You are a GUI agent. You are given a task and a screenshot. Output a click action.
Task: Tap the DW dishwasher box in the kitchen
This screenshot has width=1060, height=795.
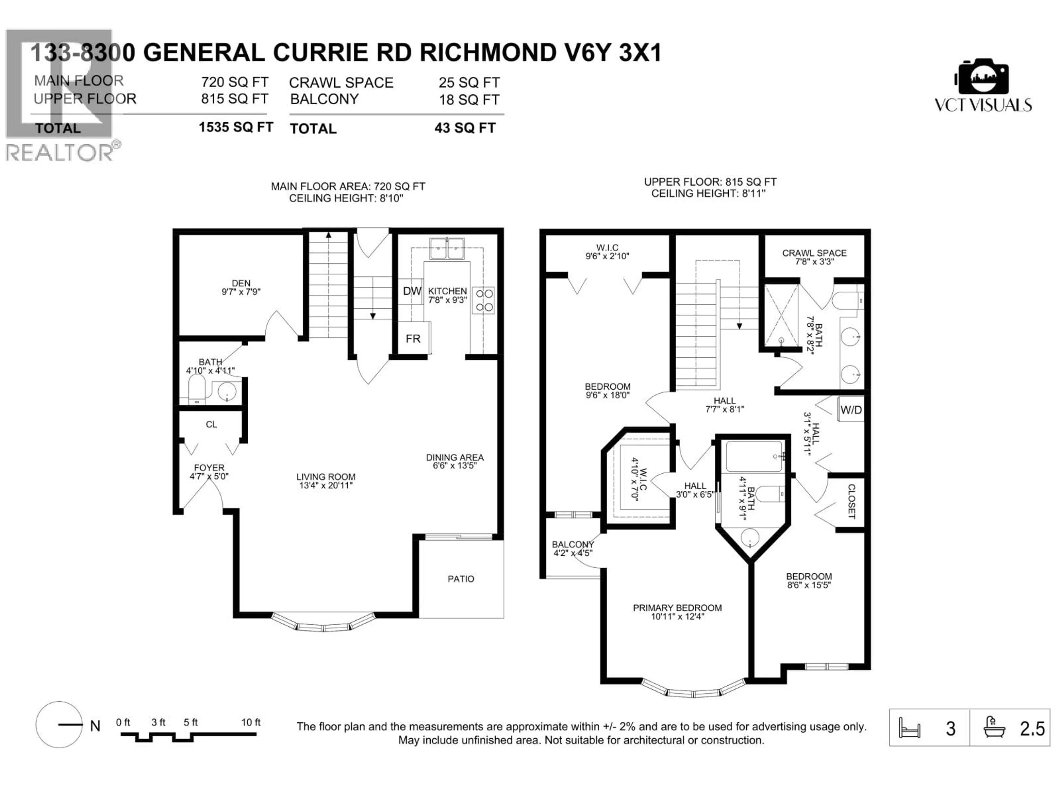tap(412, 291)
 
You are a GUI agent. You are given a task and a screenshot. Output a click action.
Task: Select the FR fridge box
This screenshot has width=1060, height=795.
tap(413, 339)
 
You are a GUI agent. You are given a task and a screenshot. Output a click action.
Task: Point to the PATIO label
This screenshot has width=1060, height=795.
tap(460, 579)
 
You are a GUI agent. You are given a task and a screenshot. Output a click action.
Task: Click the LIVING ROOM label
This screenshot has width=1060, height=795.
tap(325, 481)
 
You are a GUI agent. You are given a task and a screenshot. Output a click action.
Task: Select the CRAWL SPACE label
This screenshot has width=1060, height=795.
tap(814, 257)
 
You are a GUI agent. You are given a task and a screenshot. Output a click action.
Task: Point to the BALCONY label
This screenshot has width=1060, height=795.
tap(573, 548)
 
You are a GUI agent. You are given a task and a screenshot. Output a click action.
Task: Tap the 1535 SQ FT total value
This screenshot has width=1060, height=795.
tap(236, 128)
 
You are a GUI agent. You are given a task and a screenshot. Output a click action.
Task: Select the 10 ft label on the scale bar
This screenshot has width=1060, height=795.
tap(251, 722)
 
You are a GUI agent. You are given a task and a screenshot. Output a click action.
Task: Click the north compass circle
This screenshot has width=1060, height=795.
tap(59, 725)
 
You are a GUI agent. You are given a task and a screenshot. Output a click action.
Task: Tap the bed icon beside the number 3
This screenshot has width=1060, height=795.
tap(909, 728)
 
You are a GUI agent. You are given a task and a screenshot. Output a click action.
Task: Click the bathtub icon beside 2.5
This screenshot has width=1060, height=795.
tap(993, 728)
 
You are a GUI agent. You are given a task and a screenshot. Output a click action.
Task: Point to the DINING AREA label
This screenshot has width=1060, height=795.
tap(454, 461)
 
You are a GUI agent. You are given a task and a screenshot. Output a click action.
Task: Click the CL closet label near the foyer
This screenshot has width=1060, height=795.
tap(211, 425)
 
